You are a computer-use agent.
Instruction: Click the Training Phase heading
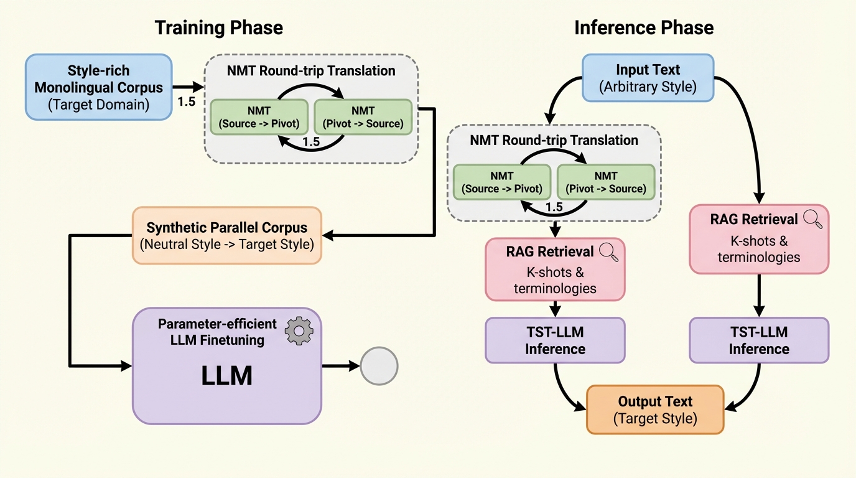[x=218, y=28]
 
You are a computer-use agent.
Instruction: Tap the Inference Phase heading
[x=644, y=28]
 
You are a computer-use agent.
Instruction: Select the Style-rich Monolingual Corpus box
[x=98, y=87]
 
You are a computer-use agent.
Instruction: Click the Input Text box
[x=648, y=78]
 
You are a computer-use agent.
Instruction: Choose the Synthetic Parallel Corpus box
[x=227, y=235]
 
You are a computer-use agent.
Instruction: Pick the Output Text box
[x=655, y=410]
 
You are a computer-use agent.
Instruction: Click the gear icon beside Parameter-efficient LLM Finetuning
[x=299, y=331]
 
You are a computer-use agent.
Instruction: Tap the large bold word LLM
[x=226, y=377]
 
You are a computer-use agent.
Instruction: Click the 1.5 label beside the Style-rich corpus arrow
[x=187, y=102]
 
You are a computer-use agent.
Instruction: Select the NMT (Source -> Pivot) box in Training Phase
[x=259, y=117]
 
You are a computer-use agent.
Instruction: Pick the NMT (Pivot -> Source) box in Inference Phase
[x=605, y=182]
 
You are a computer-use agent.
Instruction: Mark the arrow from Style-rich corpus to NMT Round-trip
[x=188, y=88]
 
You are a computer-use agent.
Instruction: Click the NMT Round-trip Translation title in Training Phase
[x=311, y=70]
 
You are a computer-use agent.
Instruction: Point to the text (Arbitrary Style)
[x=648, y=87]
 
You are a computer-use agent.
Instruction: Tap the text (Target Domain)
[x=98, y=105]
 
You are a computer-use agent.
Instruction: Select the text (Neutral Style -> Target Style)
[x=227, y=244]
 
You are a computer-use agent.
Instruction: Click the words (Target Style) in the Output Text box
[x=655, y=418]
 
